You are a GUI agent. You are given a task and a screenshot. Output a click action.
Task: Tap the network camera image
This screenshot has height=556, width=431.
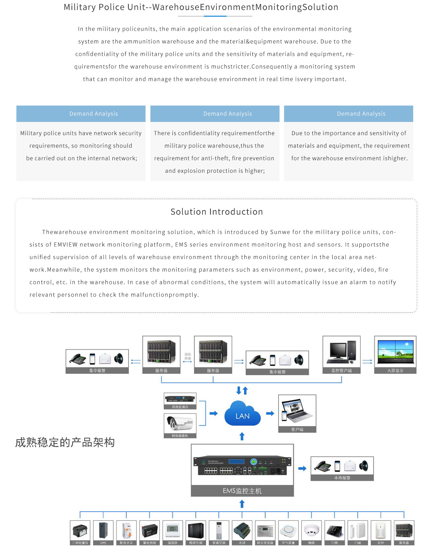point(180,423)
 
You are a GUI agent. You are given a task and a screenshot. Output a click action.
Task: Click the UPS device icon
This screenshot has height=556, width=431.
point(103,530)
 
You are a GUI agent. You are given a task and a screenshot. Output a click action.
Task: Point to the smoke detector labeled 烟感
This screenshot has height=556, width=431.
point(311,530)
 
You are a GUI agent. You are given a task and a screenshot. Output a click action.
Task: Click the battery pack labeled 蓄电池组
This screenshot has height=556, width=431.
point(149,530)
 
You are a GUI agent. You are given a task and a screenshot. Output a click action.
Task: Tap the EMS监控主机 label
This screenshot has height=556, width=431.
point(242,491)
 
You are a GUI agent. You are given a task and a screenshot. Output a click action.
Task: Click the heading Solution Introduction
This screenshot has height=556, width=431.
point(216,212)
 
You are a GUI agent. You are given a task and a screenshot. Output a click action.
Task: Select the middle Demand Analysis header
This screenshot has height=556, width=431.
point(228,114)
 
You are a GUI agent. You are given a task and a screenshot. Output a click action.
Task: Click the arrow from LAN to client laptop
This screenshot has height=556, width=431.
point(270,414)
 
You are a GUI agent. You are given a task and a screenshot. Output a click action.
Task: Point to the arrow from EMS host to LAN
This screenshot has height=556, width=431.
point(242,436)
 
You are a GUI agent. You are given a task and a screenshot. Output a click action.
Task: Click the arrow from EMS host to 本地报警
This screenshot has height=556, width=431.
point(302,469)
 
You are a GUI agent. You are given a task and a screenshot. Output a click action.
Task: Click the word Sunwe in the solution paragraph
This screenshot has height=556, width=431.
point(280,232)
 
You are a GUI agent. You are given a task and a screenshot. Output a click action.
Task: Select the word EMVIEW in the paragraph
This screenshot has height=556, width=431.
point(66,245)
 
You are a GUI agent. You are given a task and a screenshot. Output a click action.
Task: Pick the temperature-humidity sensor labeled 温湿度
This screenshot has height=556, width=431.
point(172,530)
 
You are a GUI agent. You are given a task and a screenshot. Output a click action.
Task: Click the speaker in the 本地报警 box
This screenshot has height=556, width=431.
point(364,465)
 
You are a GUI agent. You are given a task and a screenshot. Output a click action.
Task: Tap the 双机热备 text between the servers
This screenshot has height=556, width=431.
point(188,356)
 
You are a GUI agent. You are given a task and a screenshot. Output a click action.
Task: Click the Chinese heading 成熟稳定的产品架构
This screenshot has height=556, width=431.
point(65,442)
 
